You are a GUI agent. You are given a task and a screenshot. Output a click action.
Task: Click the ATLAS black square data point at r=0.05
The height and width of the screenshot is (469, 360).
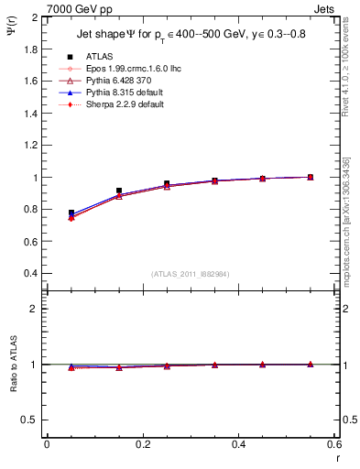pos(71,213)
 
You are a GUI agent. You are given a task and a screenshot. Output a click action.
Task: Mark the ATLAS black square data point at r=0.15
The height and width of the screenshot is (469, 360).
pos(119,191)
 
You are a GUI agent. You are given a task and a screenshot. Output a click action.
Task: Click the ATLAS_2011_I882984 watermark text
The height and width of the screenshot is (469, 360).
pos(191,274)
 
